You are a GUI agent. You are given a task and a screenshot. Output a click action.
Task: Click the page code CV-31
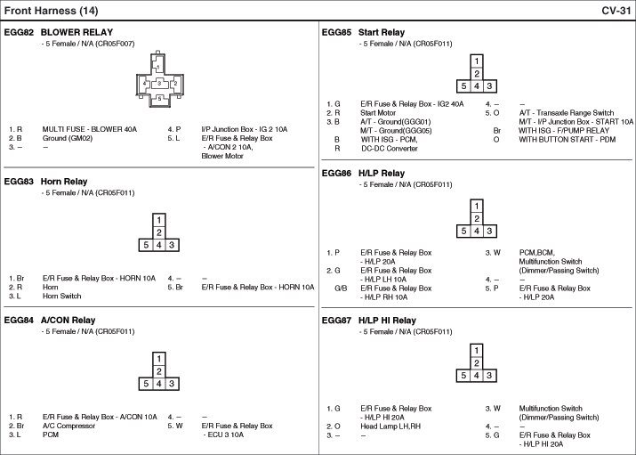[616, 11]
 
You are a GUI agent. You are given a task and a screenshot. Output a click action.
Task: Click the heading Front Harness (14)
[51, 11]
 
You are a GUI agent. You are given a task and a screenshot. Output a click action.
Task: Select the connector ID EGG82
[19, 32]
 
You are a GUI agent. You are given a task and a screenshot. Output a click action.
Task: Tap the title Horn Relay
[64, 182]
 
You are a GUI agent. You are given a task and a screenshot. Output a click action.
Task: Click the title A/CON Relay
[68, 321]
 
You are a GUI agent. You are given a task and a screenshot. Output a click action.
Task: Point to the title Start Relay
[382, 32]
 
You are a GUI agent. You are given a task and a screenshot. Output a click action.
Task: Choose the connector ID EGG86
[336, 174]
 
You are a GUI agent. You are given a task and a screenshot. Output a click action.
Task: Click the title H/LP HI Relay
[387, 321]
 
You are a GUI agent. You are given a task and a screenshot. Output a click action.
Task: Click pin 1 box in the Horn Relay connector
[159, 220]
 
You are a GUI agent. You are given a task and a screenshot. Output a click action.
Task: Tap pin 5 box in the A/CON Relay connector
[146, 384]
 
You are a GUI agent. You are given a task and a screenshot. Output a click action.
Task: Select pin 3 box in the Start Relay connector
[489, 86]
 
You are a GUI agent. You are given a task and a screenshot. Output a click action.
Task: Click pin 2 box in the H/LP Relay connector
[477, 218]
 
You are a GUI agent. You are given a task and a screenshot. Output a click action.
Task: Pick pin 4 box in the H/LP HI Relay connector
[477, 376]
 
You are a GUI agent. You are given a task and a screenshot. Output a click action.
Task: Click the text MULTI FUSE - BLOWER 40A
[89, 129]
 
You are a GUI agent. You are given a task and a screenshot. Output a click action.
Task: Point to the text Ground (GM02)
[68, 138]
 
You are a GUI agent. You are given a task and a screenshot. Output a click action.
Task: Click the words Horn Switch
[61, 297]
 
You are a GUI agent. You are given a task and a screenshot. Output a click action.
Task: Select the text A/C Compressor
[68, 426]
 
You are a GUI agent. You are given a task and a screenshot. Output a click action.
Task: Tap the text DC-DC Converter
[390, 149]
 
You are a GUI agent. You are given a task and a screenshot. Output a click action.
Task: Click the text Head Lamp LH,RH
[390, 427]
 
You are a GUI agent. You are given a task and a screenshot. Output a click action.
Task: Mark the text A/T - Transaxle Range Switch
[567, 113]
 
